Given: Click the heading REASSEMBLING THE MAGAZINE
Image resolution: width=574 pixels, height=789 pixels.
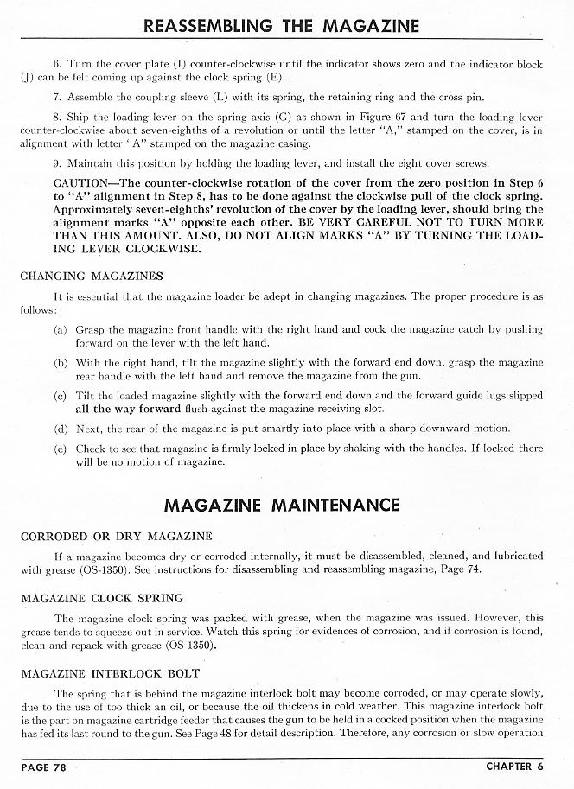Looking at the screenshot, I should coord(282,25).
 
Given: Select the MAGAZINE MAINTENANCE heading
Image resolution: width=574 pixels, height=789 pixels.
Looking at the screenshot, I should coord(281,504).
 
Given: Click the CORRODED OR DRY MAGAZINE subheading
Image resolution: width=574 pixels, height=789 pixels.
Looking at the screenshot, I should coord(116,536).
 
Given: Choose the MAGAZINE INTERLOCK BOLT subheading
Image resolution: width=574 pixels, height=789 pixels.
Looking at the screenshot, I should coord(110,672).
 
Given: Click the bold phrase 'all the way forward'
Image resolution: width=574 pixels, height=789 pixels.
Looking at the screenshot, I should coord(128,408).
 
